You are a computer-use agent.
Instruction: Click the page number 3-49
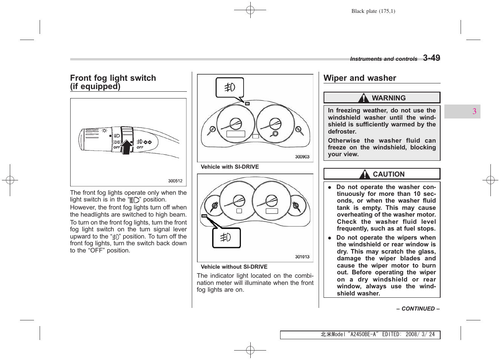431,58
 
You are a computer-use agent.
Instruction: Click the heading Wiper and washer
359,78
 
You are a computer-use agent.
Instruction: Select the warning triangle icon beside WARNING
363,98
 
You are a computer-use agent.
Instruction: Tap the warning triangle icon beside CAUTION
364,174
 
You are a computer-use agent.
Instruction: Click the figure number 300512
175,181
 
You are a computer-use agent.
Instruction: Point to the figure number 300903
302,157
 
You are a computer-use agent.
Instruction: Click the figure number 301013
302,257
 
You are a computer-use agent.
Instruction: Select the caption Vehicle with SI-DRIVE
230,167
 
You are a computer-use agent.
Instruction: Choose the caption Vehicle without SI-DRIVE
234,267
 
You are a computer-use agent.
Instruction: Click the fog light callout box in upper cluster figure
230,88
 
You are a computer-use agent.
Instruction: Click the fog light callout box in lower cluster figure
226,238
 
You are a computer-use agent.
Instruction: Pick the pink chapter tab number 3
474,111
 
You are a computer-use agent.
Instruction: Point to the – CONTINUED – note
418,309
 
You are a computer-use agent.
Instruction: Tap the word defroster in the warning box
342,132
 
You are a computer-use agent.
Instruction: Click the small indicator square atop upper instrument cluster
247,103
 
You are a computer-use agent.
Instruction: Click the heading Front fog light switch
113,78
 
